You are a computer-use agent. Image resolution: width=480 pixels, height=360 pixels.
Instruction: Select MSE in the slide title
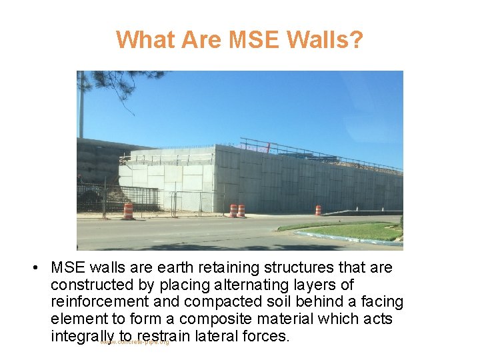pyautogui.click(x=253, y=40)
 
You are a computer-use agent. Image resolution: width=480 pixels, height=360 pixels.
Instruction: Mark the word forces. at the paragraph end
pyautogui.click(x=267, y=336)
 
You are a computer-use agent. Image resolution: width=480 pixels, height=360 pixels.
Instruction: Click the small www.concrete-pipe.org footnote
pyautogui.click(x=135, y=343)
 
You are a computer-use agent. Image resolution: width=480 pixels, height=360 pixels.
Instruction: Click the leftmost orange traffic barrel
pyautogui.click(x=128, y=211)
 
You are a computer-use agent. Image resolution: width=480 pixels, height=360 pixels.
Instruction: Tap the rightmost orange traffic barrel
pyautogui.click(x=318, y=210)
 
